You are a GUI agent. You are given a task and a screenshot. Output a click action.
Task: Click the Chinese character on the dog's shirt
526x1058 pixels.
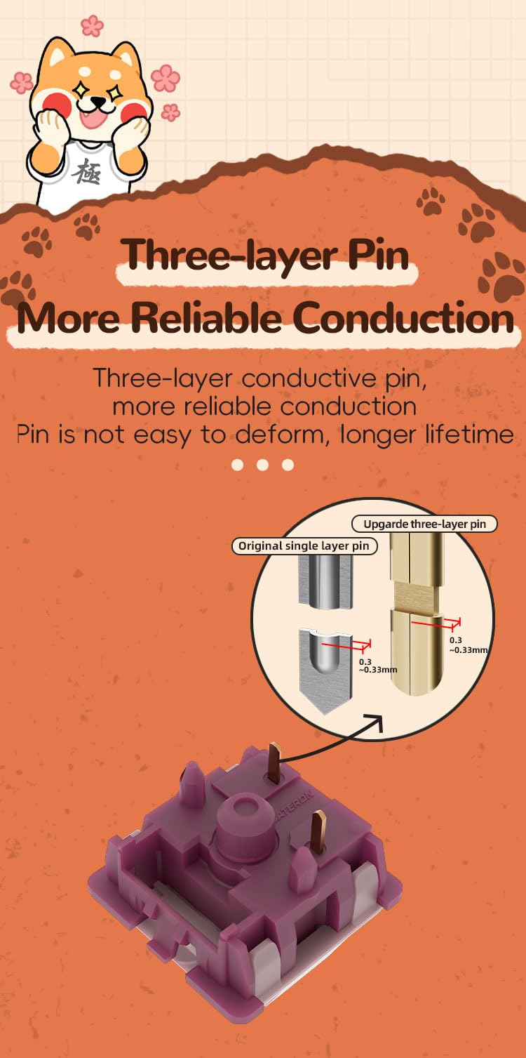(x=87, y=171)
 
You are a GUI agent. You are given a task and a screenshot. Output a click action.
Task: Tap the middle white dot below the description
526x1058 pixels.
(x=263, y=465)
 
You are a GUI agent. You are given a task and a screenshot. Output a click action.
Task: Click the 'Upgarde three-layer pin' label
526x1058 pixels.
(x=424, y=524)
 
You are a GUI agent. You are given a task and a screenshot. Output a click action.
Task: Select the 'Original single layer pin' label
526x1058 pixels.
(x=304, y=546)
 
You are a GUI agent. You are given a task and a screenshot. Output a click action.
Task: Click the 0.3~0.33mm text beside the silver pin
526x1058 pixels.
(x=377, y=666)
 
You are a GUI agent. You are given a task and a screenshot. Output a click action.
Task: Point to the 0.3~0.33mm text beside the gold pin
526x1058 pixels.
(x=468, y=644)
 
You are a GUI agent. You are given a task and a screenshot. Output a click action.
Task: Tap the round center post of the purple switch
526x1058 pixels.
(x=247, y=812)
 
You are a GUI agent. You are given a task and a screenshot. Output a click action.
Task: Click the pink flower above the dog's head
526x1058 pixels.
(x=92, y=26)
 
